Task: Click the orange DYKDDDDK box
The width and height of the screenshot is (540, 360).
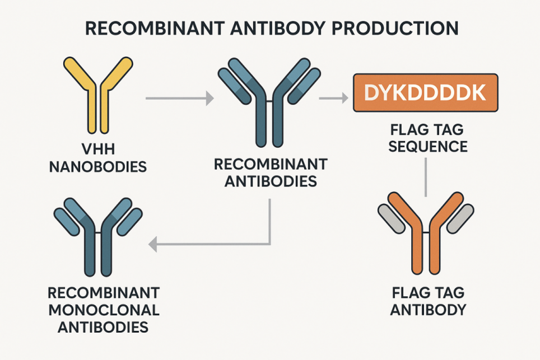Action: click(425, 93)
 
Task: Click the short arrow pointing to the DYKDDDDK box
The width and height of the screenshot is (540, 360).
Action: click(333, 99)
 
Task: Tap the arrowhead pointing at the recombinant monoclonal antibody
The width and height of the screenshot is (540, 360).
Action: click(152, 244)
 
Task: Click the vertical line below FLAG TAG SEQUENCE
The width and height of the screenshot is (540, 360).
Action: click(426, 176)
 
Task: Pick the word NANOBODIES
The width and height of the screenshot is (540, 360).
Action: click(98, 167)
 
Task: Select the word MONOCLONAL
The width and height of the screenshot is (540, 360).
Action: click(104, 310)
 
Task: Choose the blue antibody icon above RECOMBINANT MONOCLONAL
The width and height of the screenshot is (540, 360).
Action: click(99, 238)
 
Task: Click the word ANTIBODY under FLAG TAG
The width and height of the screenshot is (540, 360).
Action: click(429, 310)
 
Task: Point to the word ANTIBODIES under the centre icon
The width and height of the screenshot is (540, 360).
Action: click(270, 181)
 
